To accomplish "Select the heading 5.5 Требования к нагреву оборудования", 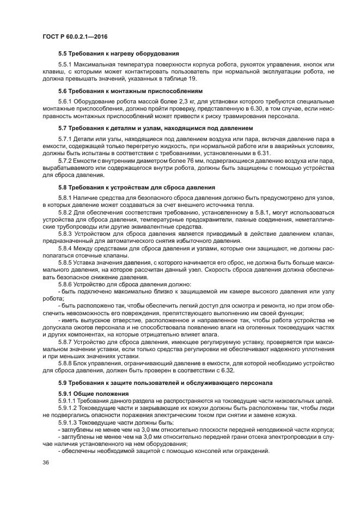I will [119, 53].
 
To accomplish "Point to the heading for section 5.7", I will [155, 128].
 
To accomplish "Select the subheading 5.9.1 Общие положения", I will [93, 394].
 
